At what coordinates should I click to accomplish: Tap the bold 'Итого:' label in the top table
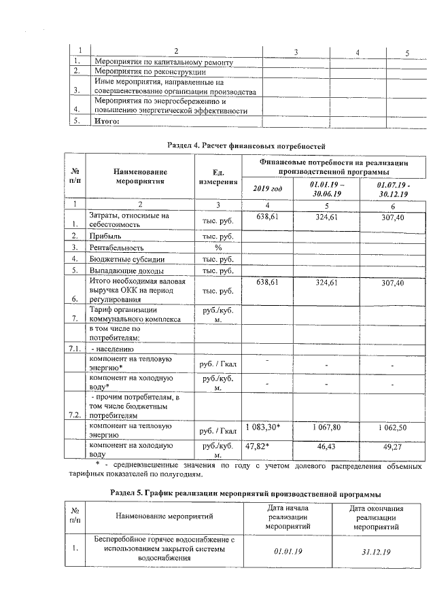pos(106,122)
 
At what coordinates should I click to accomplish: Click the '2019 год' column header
pos(267,188)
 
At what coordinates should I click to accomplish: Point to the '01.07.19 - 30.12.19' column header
pos(393,188)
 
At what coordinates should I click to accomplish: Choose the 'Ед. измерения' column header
pos(218,177)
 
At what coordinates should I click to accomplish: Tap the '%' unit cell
pos(218,247)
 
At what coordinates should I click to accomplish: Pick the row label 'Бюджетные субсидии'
pos(126,260)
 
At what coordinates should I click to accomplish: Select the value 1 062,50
pos(393,427)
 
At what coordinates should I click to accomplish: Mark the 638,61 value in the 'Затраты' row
pos(268,215)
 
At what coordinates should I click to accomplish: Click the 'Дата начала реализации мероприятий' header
pos(288,517)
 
